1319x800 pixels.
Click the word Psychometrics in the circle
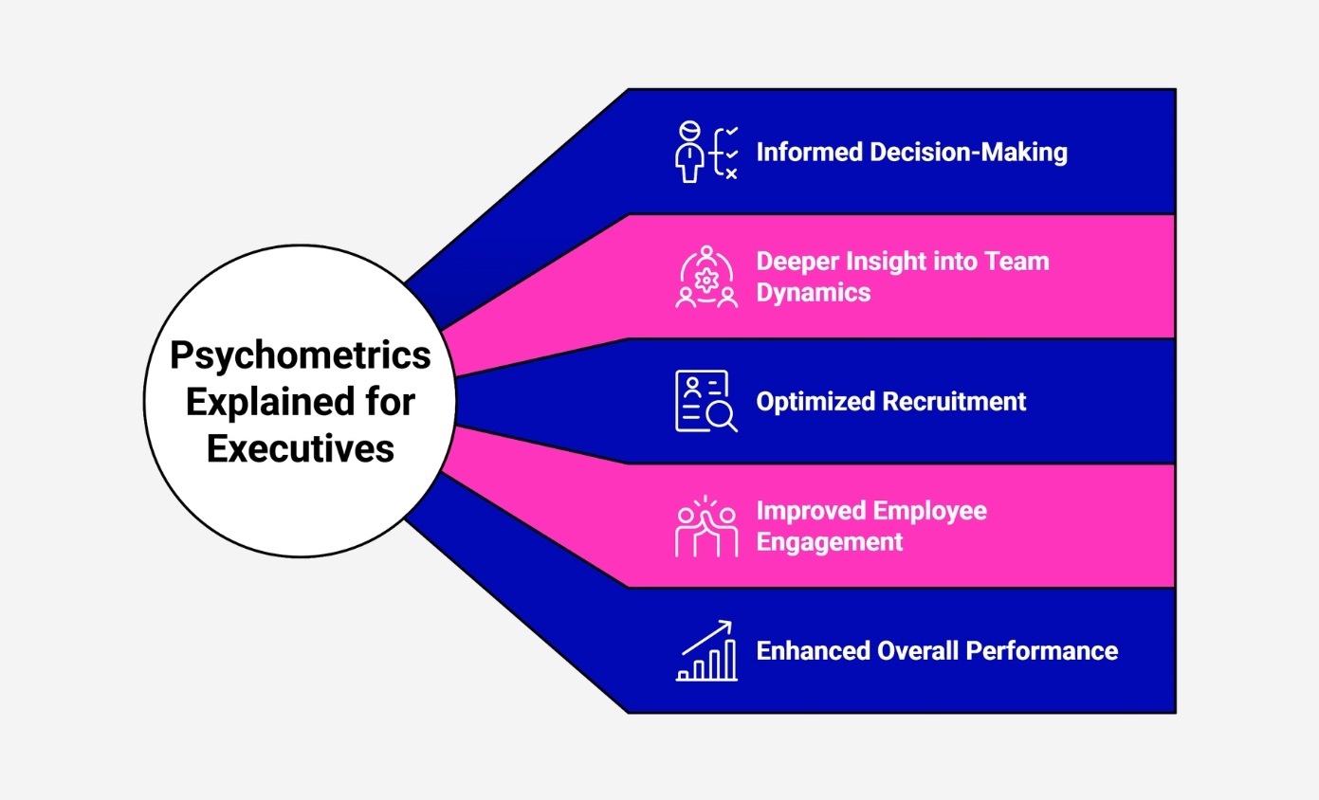[x=300, y=356]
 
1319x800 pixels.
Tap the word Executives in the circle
[x=300, y=448]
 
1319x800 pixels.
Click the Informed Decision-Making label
[x=911, y=153]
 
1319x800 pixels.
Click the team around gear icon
[x=705, y=277]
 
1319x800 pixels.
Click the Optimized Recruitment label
[x=890, y=402]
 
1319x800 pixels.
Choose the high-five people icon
[x=705, y=526]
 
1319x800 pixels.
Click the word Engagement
[x=829, y=542]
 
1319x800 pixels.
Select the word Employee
[x=931, y=512]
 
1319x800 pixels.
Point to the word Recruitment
[x=954, y=402]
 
